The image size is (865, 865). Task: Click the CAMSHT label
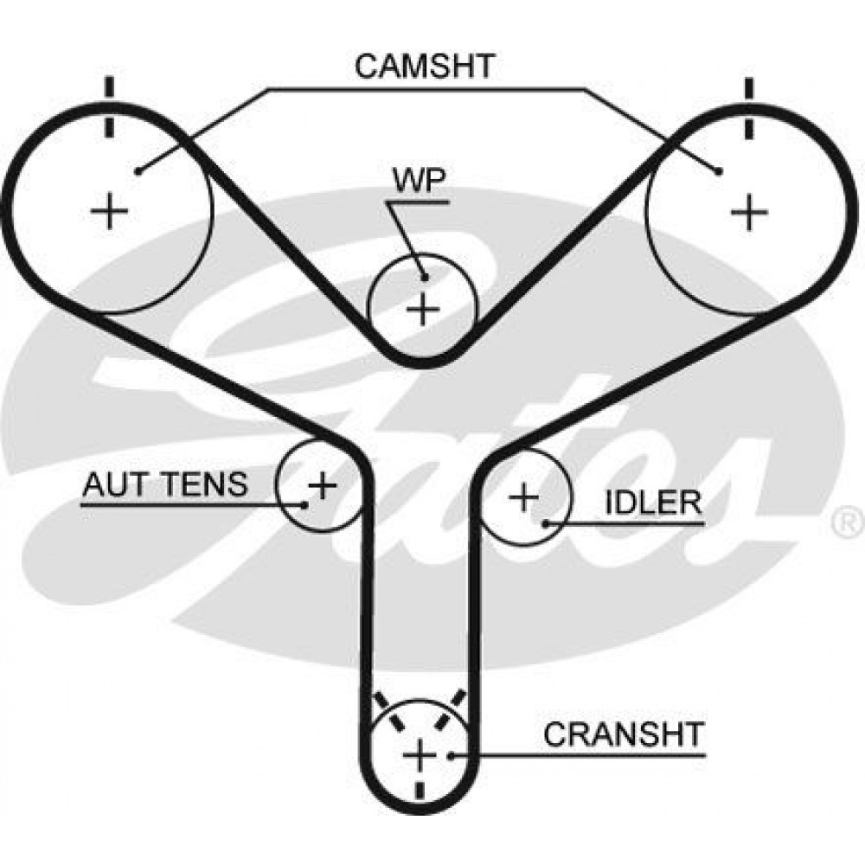coord(424,67)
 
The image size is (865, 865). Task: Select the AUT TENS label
coord(165,484)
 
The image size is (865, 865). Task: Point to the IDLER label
coord(653,503)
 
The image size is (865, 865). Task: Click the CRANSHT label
coord(624,734)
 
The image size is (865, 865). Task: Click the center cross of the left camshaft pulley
coord(109,210)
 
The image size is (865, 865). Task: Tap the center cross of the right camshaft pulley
coord(748,211)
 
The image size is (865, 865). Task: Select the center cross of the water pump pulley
coord(423,310)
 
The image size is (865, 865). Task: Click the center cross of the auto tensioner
coord(322,486)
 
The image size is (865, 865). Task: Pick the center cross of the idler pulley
coord(523,497)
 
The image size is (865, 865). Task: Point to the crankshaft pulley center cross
coord(420,755)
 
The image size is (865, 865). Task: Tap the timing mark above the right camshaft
coord(748,108)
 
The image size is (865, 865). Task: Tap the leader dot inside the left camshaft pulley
coord(139,171)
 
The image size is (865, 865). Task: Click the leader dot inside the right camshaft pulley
coord(719,171)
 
